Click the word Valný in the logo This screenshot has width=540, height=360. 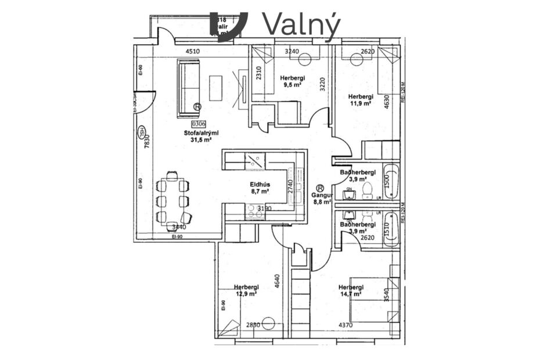click(301, 24)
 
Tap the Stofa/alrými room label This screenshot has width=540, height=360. click(197, 136)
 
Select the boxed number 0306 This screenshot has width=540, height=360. click(198, 123)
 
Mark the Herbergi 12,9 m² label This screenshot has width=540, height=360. click(246, 290)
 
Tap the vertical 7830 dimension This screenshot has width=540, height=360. click(147, 141)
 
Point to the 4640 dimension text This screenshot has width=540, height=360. click(277, 281)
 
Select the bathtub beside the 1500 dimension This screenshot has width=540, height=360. click(392, 180)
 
